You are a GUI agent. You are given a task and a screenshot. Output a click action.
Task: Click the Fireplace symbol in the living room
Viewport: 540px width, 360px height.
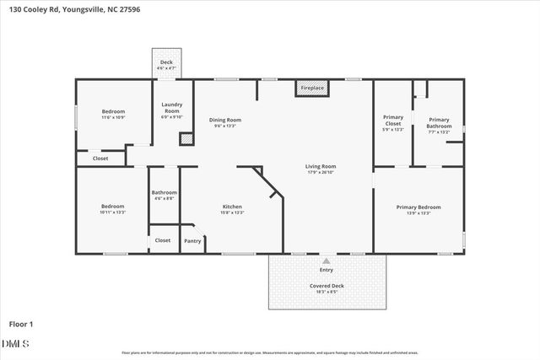click(309, 88)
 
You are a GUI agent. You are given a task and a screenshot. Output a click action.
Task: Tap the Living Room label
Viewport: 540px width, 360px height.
click(321, 166)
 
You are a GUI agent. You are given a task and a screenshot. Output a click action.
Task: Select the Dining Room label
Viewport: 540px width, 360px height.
click(225, 121)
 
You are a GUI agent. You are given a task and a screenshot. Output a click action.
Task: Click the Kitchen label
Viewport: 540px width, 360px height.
click(232, 207)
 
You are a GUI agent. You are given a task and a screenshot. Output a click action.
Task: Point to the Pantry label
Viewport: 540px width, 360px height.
click(192, 241)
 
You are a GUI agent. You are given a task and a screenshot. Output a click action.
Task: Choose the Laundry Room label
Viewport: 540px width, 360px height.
click(171, 108)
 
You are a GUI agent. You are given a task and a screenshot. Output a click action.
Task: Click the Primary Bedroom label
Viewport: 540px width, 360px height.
click(418, 207)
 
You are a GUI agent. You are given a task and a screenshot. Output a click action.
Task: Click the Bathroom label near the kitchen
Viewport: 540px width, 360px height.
click(164, 192)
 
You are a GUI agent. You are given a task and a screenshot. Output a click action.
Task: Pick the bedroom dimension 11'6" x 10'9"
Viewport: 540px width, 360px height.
click(113, 117)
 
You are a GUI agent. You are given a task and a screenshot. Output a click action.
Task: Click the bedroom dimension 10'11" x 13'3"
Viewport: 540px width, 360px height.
click(113, 212)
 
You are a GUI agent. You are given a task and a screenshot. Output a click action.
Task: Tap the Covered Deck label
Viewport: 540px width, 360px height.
click(326, 286)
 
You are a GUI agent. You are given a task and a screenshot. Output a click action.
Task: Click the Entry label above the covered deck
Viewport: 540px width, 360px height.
click(326, 270)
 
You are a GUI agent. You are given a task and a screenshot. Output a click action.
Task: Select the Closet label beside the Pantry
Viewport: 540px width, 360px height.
click(162, 240)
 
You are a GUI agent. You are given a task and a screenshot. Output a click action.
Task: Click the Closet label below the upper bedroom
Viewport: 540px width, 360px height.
click(100, 158)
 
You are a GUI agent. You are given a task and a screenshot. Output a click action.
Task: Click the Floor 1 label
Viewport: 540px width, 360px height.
click(21, 323)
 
